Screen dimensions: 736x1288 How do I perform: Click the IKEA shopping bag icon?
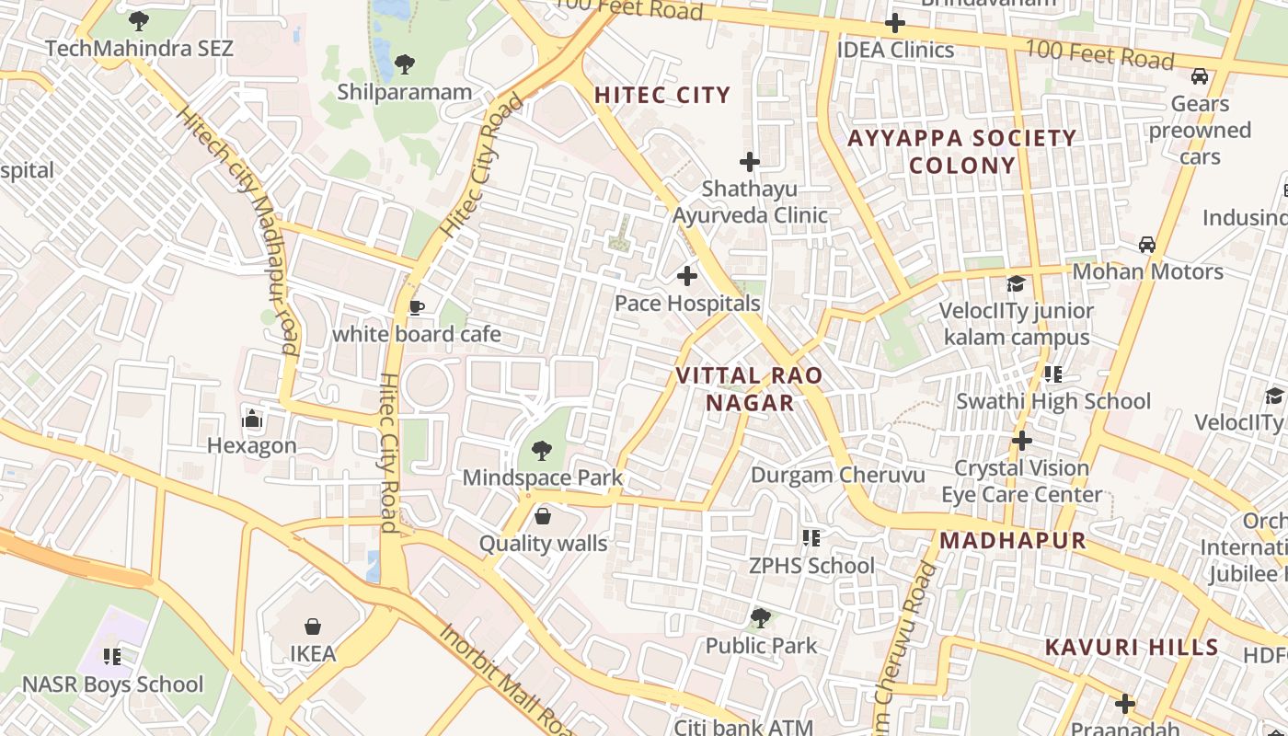click(313, 627)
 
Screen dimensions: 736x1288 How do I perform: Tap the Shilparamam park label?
click(404, 92)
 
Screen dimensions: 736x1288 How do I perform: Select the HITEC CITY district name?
click(662, 95)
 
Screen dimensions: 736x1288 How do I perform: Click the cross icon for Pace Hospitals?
click(686, 275)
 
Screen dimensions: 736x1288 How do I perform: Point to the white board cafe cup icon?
click(416, 307)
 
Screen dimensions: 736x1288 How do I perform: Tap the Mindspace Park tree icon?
click(542, 451)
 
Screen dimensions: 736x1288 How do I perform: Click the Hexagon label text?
click(251, 446)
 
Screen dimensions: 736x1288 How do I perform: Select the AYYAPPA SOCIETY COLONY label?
click(961, 152)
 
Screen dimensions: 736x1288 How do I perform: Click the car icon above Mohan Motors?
click(1146, 245)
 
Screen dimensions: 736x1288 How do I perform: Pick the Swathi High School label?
click(1053, 401)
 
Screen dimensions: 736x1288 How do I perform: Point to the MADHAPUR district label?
click(1013, 540)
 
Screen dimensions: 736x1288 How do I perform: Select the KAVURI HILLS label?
click(1132, 648)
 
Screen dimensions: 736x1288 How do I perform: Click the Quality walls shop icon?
click(543, 516)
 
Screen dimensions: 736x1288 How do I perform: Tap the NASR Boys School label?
click(112, 684)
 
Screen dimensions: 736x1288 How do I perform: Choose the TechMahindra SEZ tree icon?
click(139, 20)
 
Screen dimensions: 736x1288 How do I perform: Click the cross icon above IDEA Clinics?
click(894, 23)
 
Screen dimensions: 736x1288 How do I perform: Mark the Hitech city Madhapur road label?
click(238, 230)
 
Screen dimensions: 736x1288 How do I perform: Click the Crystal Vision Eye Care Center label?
click(1021, 481)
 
